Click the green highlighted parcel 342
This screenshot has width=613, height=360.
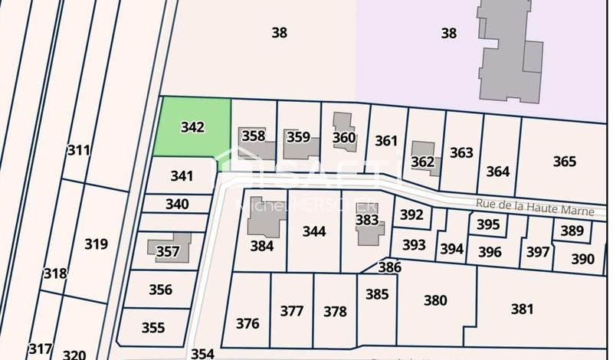192,127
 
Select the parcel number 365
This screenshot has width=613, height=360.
564,162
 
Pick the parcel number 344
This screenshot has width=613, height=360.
314,231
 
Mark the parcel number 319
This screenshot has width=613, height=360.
96,244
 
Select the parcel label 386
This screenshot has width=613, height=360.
389,267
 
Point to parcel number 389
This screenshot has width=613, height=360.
572,231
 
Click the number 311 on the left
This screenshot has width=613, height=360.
78,149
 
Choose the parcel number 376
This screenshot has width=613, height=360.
247,323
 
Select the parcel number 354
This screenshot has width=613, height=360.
202,353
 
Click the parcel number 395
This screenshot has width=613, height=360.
488,225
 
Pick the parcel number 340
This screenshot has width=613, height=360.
177,205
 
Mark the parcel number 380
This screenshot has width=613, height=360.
435,300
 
